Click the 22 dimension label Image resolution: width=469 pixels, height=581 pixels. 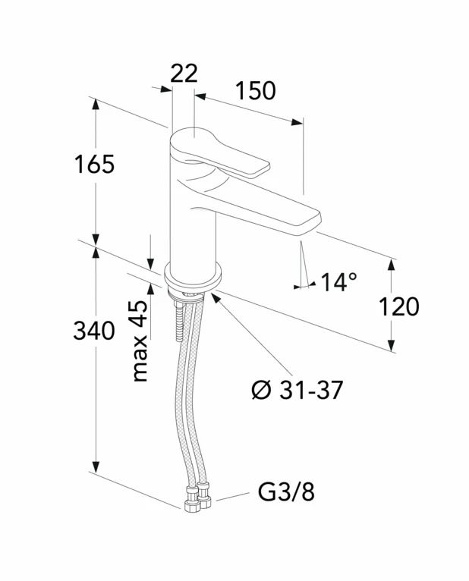184,74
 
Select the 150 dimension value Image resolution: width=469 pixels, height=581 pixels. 256,91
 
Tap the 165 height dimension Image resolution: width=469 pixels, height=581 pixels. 95,164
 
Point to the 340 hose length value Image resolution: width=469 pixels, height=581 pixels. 94,331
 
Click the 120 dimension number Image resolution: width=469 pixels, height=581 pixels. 399,306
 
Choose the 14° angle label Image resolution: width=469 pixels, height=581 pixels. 339,282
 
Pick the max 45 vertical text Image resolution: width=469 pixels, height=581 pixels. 140,341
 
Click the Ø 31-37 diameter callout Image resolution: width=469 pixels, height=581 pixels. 297,390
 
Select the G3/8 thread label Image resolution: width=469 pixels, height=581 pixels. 286,492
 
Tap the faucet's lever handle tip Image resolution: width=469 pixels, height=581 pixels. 264,168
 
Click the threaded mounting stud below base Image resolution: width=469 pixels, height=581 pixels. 179,322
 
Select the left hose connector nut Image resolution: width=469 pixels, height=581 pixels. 192,500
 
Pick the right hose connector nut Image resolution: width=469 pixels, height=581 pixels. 203,495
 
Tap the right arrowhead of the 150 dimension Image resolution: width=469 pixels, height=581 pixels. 297,122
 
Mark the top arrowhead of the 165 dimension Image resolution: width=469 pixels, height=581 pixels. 96,104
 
